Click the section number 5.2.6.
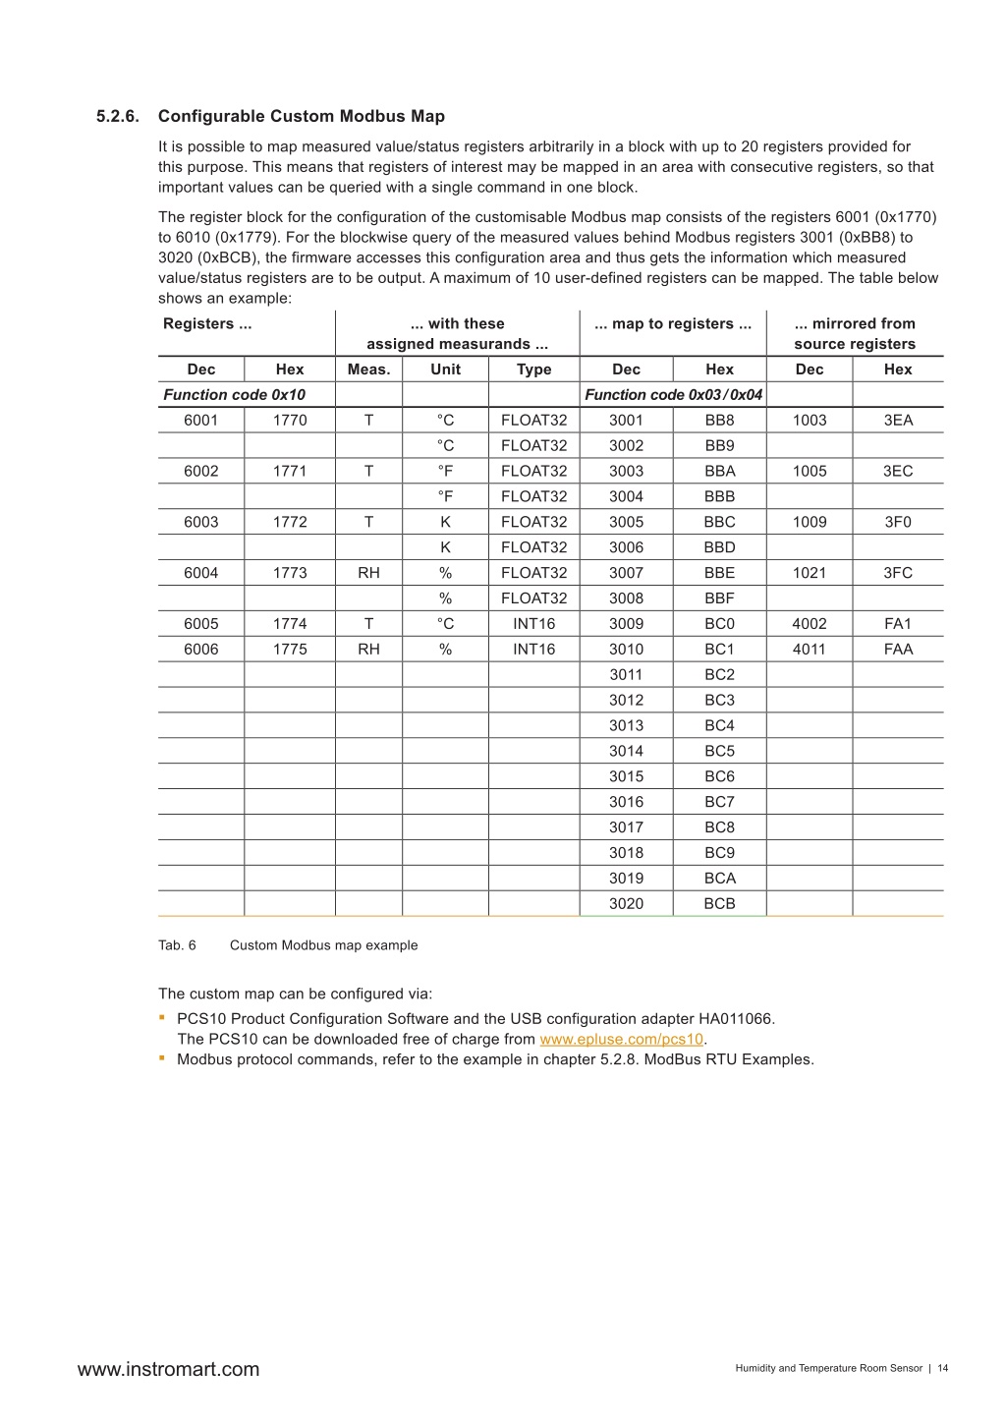(118, 116)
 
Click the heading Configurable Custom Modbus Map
(301, 116)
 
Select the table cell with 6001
(200, 420)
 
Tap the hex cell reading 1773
(289, 573)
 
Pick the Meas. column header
(368, 370)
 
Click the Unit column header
(445, 370)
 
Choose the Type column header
(533, 370)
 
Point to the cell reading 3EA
(898, 420)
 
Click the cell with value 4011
(809, 650)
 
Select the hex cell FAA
(898, 650)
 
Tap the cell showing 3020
(626, 904)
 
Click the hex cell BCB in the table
(719, 904)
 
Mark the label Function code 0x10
(234, 395)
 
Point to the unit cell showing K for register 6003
(445, 522)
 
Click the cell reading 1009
(809, 522)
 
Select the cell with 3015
(626, 776)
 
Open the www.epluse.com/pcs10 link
(621, 1039)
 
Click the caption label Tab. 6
(177, 945)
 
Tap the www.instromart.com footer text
(168, 1369)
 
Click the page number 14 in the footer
(943, 1368)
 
